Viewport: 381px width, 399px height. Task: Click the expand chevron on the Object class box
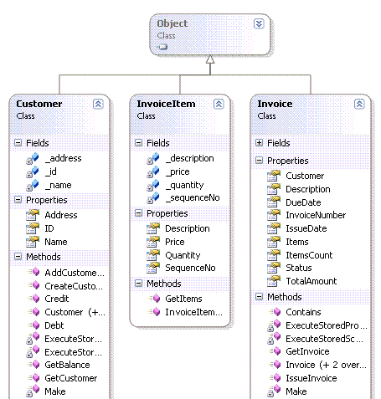tap(259, 24)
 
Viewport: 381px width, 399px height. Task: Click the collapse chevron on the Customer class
tap(98, 104)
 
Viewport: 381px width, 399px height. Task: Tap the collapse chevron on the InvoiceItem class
tap(219, 104)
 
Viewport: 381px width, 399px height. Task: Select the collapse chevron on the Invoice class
tap(359, 104)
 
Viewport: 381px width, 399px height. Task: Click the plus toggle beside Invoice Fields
tap(259, 143)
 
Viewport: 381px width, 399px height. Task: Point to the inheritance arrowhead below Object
tap(210, 59)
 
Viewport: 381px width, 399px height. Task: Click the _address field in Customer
tap(64, 158)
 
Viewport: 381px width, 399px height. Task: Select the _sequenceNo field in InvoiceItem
tap(193, 197)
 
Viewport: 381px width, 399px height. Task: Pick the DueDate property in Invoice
tap(303, 202)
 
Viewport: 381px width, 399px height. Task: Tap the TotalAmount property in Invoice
tap(311, 281)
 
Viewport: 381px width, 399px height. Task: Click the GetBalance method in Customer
tap(67, 365)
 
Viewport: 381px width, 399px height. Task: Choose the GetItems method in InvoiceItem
tap(183, 299)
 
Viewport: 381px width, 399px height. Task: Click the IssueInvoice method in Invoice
tap(311, 378)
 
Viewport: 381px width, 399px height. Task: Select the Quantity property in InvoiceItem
tap(183, 255)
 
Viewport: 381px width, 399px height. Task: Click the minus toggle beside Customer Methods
tap(18, 257)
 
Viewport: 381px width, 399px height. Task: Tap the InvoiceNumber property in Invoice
tap(316, 215)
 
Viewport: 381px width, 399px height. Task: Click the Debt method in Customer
tap(54, 325)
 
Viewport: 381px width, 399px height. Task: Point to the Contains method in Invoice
tap(303, 312)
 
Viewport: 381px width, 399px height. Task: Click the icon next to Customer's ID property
tap(33, 228)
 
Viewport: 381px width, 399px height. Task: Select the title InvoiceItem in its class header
tap(166, 104)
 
